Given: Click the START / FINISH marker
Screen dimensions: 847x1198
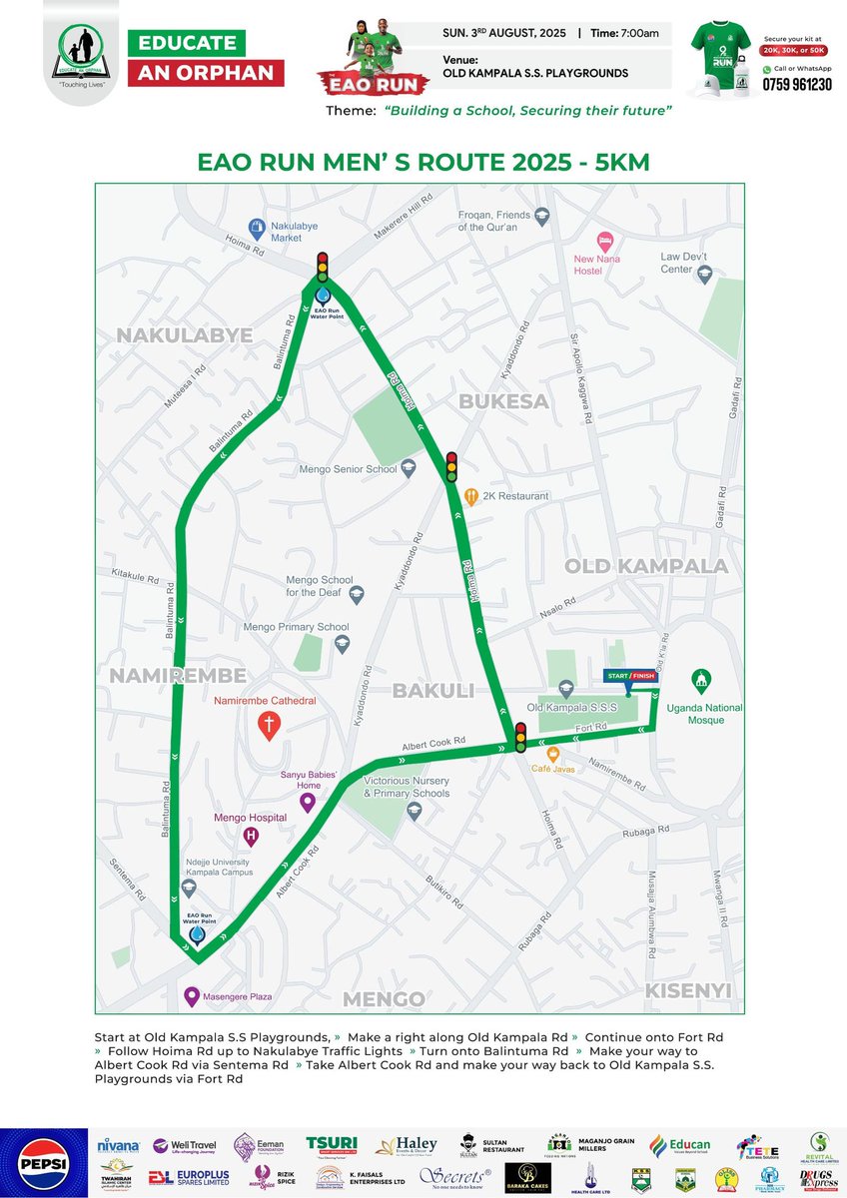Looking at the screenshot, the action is [629, 676].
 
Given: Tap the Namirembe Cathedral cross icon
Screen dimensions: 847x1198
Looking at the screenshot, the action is [267, 725].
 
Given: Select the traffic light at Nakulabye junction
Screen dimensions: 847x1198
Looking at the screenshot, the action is [322, 268].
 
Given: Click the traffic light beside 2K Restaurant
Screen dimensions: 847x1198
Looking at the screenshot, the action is [451, 466].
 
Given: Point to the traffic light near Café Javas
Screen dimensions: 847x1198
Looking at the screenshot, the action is [520, 737].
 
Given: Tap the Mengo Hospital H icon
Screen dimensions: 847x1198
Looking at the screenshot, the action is [252, 836].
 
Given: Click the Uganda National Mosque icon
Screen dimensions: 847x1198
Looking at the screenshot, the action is [701, 678].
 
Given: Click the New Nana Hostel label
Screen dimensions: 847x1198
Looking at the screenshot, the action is [596, 265].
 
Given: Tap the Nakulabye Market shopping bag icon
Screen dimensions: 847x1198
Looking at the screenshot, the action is [257, 227].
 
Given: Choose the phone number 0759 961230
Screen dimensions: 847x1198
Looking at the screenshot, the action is [797, 85].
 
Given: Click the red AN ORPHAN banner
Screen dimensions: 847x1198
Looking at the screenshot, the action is [206, 73].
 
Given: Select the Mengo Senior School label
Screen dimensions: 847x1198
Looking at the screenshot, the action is [349, 468].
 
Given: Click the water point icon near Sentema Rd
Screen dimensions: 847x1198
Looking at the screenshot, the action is [196, 934].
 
